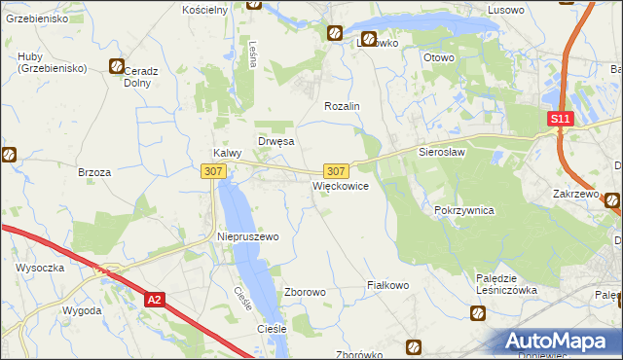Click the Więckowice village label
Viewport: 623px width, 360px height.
click(340, 186)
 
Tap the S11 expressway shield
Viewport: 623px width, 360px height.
click(559, 119)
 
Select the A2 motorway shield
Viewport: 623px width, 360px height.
click(155, 301)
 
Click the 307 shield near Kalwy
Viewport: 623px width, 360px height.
click(214, 170)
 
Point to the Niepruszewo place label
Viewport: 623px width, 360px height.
click(247, 236)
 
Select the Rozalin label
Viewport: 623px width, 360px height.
click(343, 106)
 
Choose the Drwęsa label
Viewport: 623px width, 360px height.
click(275, 141)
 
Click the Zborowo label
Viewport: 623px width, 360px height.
click(304, 292)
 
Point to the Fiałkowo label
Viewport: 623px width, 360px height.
click(386, 285)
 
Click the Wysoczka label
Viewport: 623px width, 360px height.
click(40, 267)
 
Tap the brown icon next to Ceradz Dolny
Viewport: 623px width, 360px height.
click(118, 67)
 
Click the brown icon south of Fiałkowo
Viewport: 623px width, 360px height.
click(414, 346)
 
